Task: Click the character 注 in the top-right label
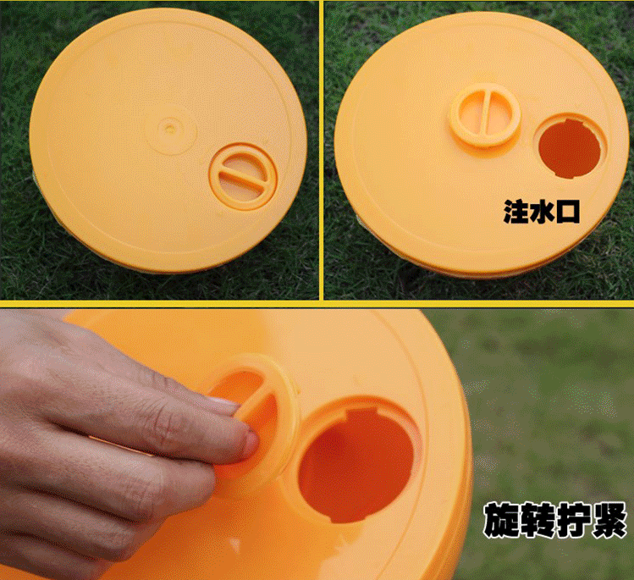(516, 211)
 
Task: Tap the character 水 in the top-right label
(542, 211)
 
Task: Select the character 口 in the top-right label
(567, 212)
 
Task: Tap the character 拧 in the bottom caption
(573, 519)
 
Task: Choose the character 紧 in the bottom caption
(609, 519)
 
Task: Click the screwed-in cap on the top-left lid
(243, 177)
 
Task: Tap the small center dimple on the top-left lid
(170, 129)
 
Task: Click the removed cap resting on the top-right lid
(485, 115)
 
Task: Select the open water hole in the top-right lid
(570, 148)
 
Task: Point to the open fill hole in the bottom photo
(356, 465)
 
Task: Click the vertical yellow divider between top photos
(322, 150)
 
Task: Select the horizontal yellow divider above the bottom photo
(317, 304)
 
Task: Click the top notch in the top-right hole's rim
(571, 120)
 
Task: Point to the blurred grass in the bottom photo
(550, 405)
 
